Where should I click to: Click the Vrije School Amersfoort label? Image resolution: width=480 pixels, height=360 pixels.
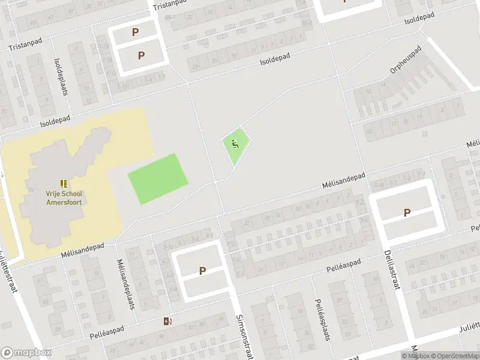[x=64, y=198]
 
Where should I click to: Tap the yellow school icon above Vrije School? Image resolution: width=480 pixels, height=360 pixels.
[x=64, y=184]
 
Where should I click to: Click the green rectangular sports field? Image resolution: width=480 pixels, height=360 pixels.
[x=158, y=179]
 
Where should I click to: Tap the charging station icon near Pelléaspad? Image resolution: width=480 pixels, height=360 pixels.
[x=167, y=321]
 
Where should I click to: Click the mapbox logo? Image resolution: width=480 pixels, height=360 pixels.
[x=26, y=353]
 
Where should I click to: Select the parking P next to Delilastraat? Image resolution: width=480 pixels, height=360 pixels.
[x=407, y=212]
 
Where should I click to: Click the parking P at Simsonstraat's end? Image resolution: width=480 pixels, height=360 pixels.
[x=202, y=271]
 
